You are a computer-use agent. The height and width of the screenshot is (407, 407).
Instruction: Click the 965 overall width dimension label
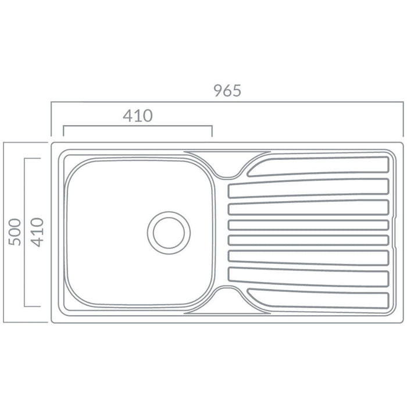point(227,91)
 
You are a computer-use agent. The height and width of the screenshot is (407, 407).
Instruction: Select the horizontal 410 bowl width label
point(138,116)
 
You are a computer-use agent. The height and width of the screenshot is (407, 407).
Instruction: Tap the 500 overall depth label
point(15,231)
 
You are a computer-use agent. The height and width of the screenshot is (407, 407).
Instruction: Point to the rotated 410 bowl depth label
point(37,231)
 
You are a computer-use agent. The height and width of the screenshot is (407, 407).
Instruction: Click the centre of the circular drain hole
point(169,231)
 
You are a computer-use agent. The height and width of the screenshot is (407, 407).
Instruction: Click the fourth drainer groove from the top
point(308,225)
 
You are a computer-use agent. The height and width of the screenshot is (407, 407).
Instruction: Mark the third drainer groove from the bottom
point(308,256)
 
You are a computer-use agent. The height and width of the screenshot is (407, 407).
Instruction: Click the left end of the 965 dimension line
point(51,103)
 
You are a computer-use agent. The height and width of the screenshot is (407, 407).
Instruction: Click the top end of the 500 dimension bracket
point(5,141)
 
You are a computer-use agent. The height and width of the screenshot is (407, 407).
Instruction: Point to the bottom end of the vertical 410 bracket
point(25,306)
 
